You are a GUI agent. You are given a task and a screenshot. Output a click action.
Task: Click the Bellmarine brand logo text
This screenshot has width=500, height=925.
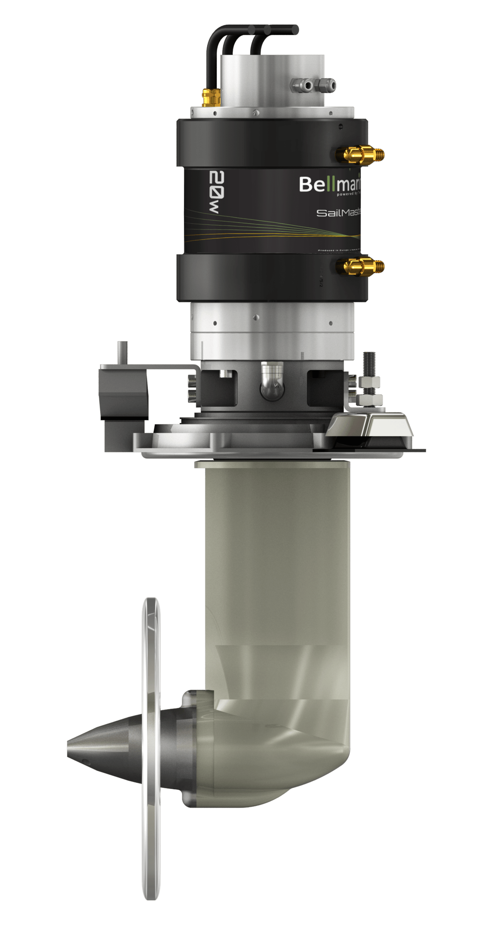click(x=330, y=185)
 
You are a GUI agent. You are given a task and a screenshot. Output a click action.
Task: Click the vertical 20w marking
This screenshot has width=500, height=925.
click(x=215, y=192)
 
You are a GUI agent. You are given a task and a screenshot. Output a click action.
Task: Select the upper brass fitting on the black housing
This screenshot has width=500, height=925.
click(x=359, y=154)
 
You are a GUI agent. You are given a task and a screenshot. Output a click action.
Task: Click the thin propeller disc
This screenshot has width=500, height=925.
click(x=151, y=748)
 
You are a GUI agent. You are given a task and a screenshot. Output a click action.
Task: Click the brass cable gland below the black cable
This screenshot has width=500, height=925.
click(x=211, y=97)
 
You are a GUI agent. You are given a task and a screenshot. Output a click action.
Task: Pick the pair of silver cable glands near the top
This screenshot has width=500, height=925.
click(x=313, y=84)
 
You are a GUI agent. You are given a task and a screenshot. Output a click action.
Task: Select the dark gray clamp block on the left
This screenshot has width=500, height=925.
click(x=123, y=393)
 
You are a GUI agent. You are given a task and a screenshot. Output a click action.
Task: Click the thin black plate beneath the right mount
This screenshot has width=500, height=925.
click(x=370, y=450)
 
